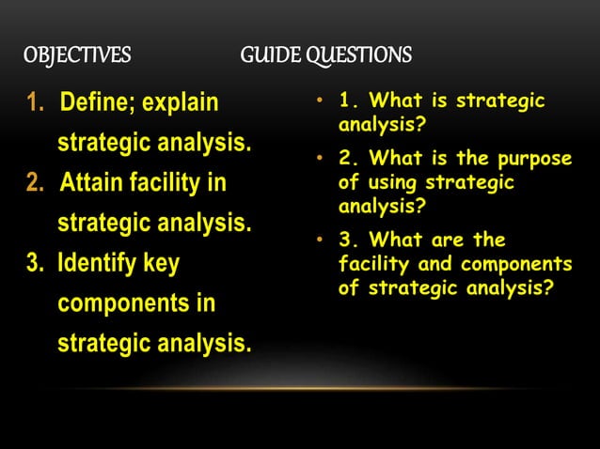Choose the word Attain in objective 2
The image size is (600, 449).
91,181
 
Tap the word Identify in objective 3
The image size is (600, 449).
98,261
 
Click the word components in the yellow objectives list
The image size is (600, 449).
136,302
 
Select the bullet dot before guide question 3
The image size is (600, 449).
320,241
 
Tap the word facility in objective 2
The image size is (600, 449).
171,181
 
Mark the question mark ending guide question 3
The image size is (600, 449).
549,288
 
